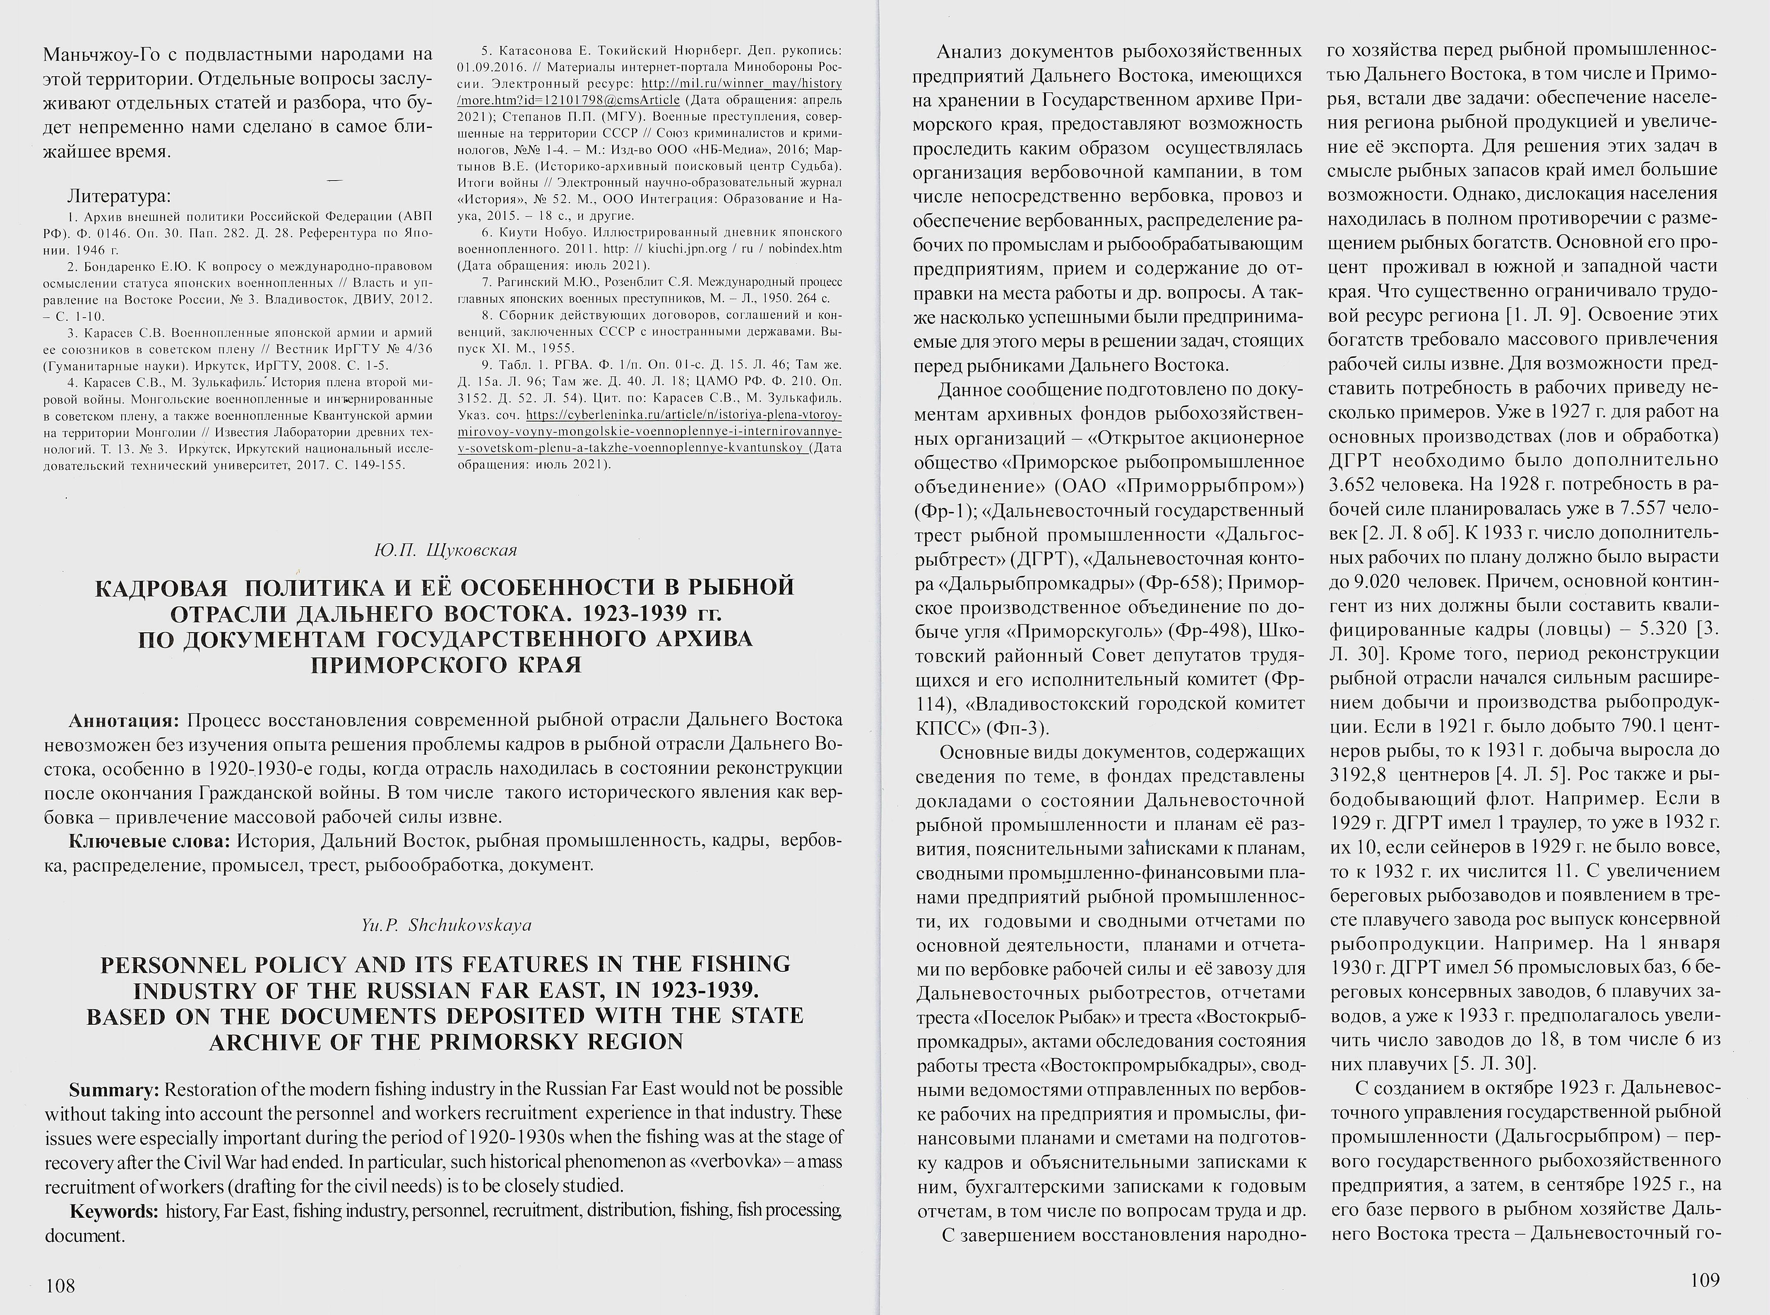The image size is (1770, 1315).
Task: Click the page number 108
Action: coord(60,1285)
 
